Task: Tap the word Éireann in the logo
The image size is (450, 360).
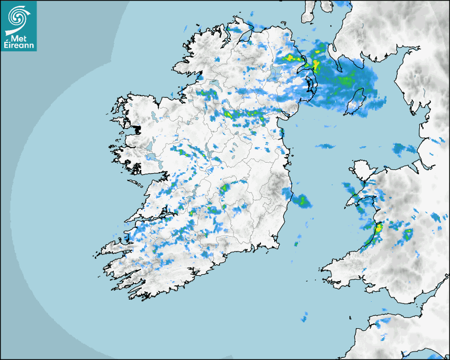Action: coord(20,46)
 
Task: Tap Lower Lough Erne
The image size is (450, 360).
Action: coord(215,84)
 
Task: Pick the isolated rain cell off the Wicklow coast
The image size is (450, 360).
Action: coord(302,201)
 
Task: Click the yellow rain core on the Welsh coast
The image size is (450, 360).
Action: coord(379,229)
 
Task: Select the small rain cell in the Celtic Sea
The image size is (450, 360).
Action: coord(304,317)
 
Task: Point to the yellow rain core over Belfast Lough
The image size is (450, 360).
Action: coord(316,65)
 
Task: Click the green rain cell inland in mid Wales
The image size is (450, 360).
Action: coord(408,235)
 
